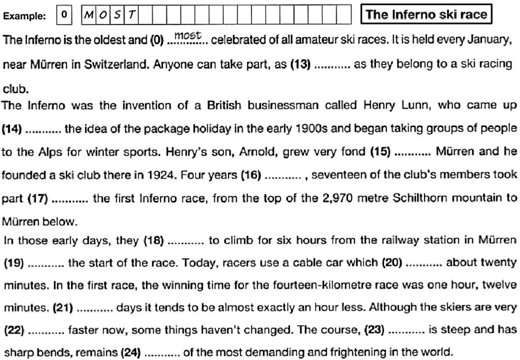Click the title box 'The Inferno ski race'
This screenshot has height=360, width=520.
point(426,14)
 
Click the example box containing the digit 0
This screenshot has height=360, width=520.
point(64,15)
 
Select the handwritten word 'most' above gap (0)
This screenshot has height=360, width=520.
point(188,36)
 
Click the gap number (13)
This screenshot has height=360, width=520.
point(300,65)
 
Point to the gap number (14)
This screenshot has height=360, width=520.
point(12,129)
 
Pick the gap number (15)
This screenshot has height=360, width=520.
point(380,151)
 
